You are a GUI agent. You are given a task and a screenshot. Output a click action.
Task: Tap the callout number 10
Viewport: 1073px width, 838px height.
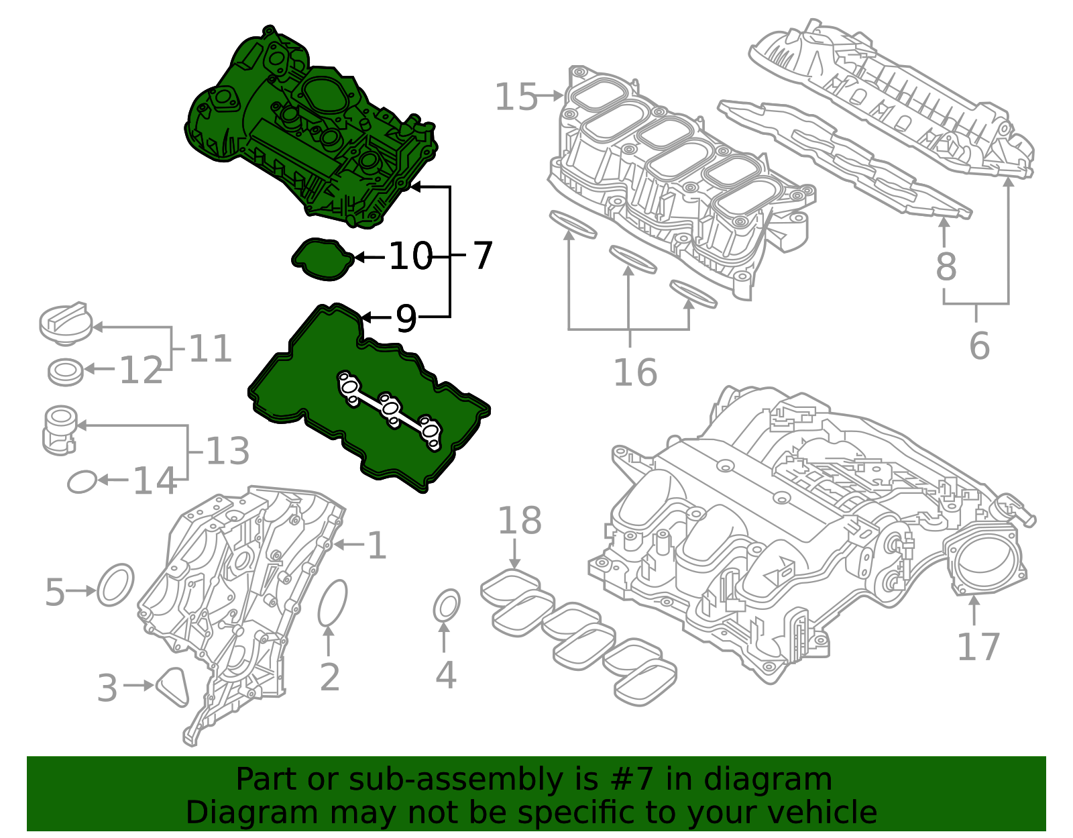(410, 256)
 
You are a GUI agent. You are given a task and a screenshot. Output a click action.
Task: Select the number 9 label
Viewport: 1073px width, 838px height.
(406, 318)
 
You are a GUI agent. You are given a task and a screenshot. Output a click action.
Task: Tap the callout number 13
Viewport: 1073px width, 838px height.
(227, 451)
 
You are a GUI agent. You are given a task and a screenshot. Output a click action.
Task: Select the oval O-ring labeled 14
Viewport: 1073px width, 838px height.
(82, 481)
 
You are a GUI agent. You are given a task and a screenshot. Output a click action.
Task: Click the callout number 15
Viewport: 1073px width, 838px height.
(516, 97)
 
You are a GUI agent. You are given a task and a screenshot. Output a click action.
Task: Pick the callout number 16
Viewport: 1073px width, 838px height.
(635, 373)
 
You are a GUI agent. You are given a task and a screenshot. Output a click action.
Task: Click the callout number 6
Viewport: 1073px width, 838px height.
(979, 346)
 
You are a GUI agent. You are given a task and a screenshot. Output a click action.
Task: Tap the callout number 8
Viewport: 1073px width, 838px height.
(946, 266)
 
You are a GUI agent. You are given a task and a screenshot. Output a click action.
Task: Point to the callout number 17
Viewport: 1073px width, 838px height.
(978, 647)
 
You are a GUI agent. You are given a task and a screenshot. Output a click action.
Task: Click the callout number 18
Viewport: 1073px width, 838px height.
(520, 521)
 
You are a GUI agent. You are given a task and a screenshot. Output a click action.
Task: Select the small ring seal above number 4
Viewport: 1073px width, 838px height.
(446, 607)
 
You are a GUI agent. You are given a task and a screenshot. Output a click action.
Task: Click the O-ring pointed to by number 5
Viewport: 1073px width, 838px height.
(115, 585)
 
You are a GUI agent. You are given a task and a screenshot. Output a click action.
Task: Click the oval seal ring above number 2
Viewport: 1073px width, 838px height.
(332, 602)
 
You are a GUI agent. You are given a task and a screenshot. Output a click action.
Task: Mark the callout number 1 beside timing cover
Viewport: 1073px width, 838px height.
(377, 545)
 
